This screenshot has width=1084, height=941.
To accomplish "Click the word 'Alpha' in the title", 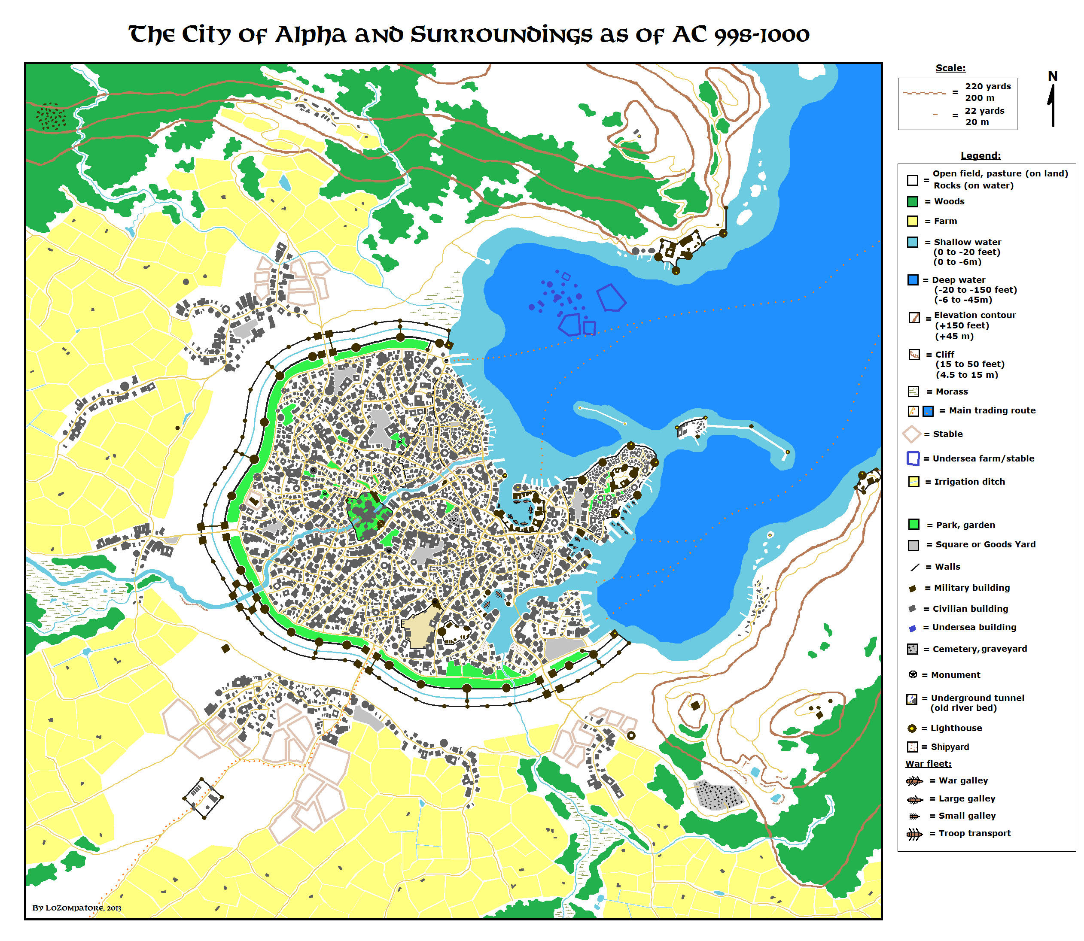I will pos(311,35).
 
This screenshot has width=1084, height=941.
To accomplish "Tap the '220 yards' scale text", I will pos(987,86).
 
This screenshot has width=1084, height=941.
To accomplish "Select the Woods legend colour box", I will pos(912,202).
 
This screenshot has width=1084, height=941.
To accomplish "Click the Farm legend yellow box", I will pos(912,221).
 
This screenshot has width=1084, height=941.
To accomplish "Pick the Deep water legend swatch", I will pos(912,280).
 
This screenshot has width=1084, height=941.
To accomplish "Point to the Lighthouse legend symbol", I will pos(912,729).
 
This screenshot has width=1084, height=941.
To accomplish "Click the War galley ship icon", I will pos(914,781).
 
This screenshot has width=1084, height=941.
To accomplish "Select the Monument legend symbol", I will pos(913,675).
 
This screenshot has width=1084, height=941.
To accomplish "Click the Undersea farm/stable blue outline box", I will pos(913,458).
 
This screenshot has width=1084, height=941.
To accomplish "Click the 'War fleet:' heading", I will pos(928,764).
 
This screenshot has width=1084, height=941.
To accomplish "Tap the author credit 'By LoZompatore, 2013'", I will pos(77,908).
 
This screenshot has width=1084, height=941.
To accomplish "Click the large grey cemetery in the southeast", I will pos(719,795).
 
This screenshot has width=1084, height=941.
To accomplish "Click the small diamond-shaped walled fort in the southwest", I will pos(203,799).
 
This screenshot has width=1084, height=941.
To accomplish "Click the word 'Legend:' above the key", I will pos(980,155).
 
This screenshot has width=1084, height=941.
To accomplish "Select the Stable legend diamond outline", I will pos(912,434).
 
